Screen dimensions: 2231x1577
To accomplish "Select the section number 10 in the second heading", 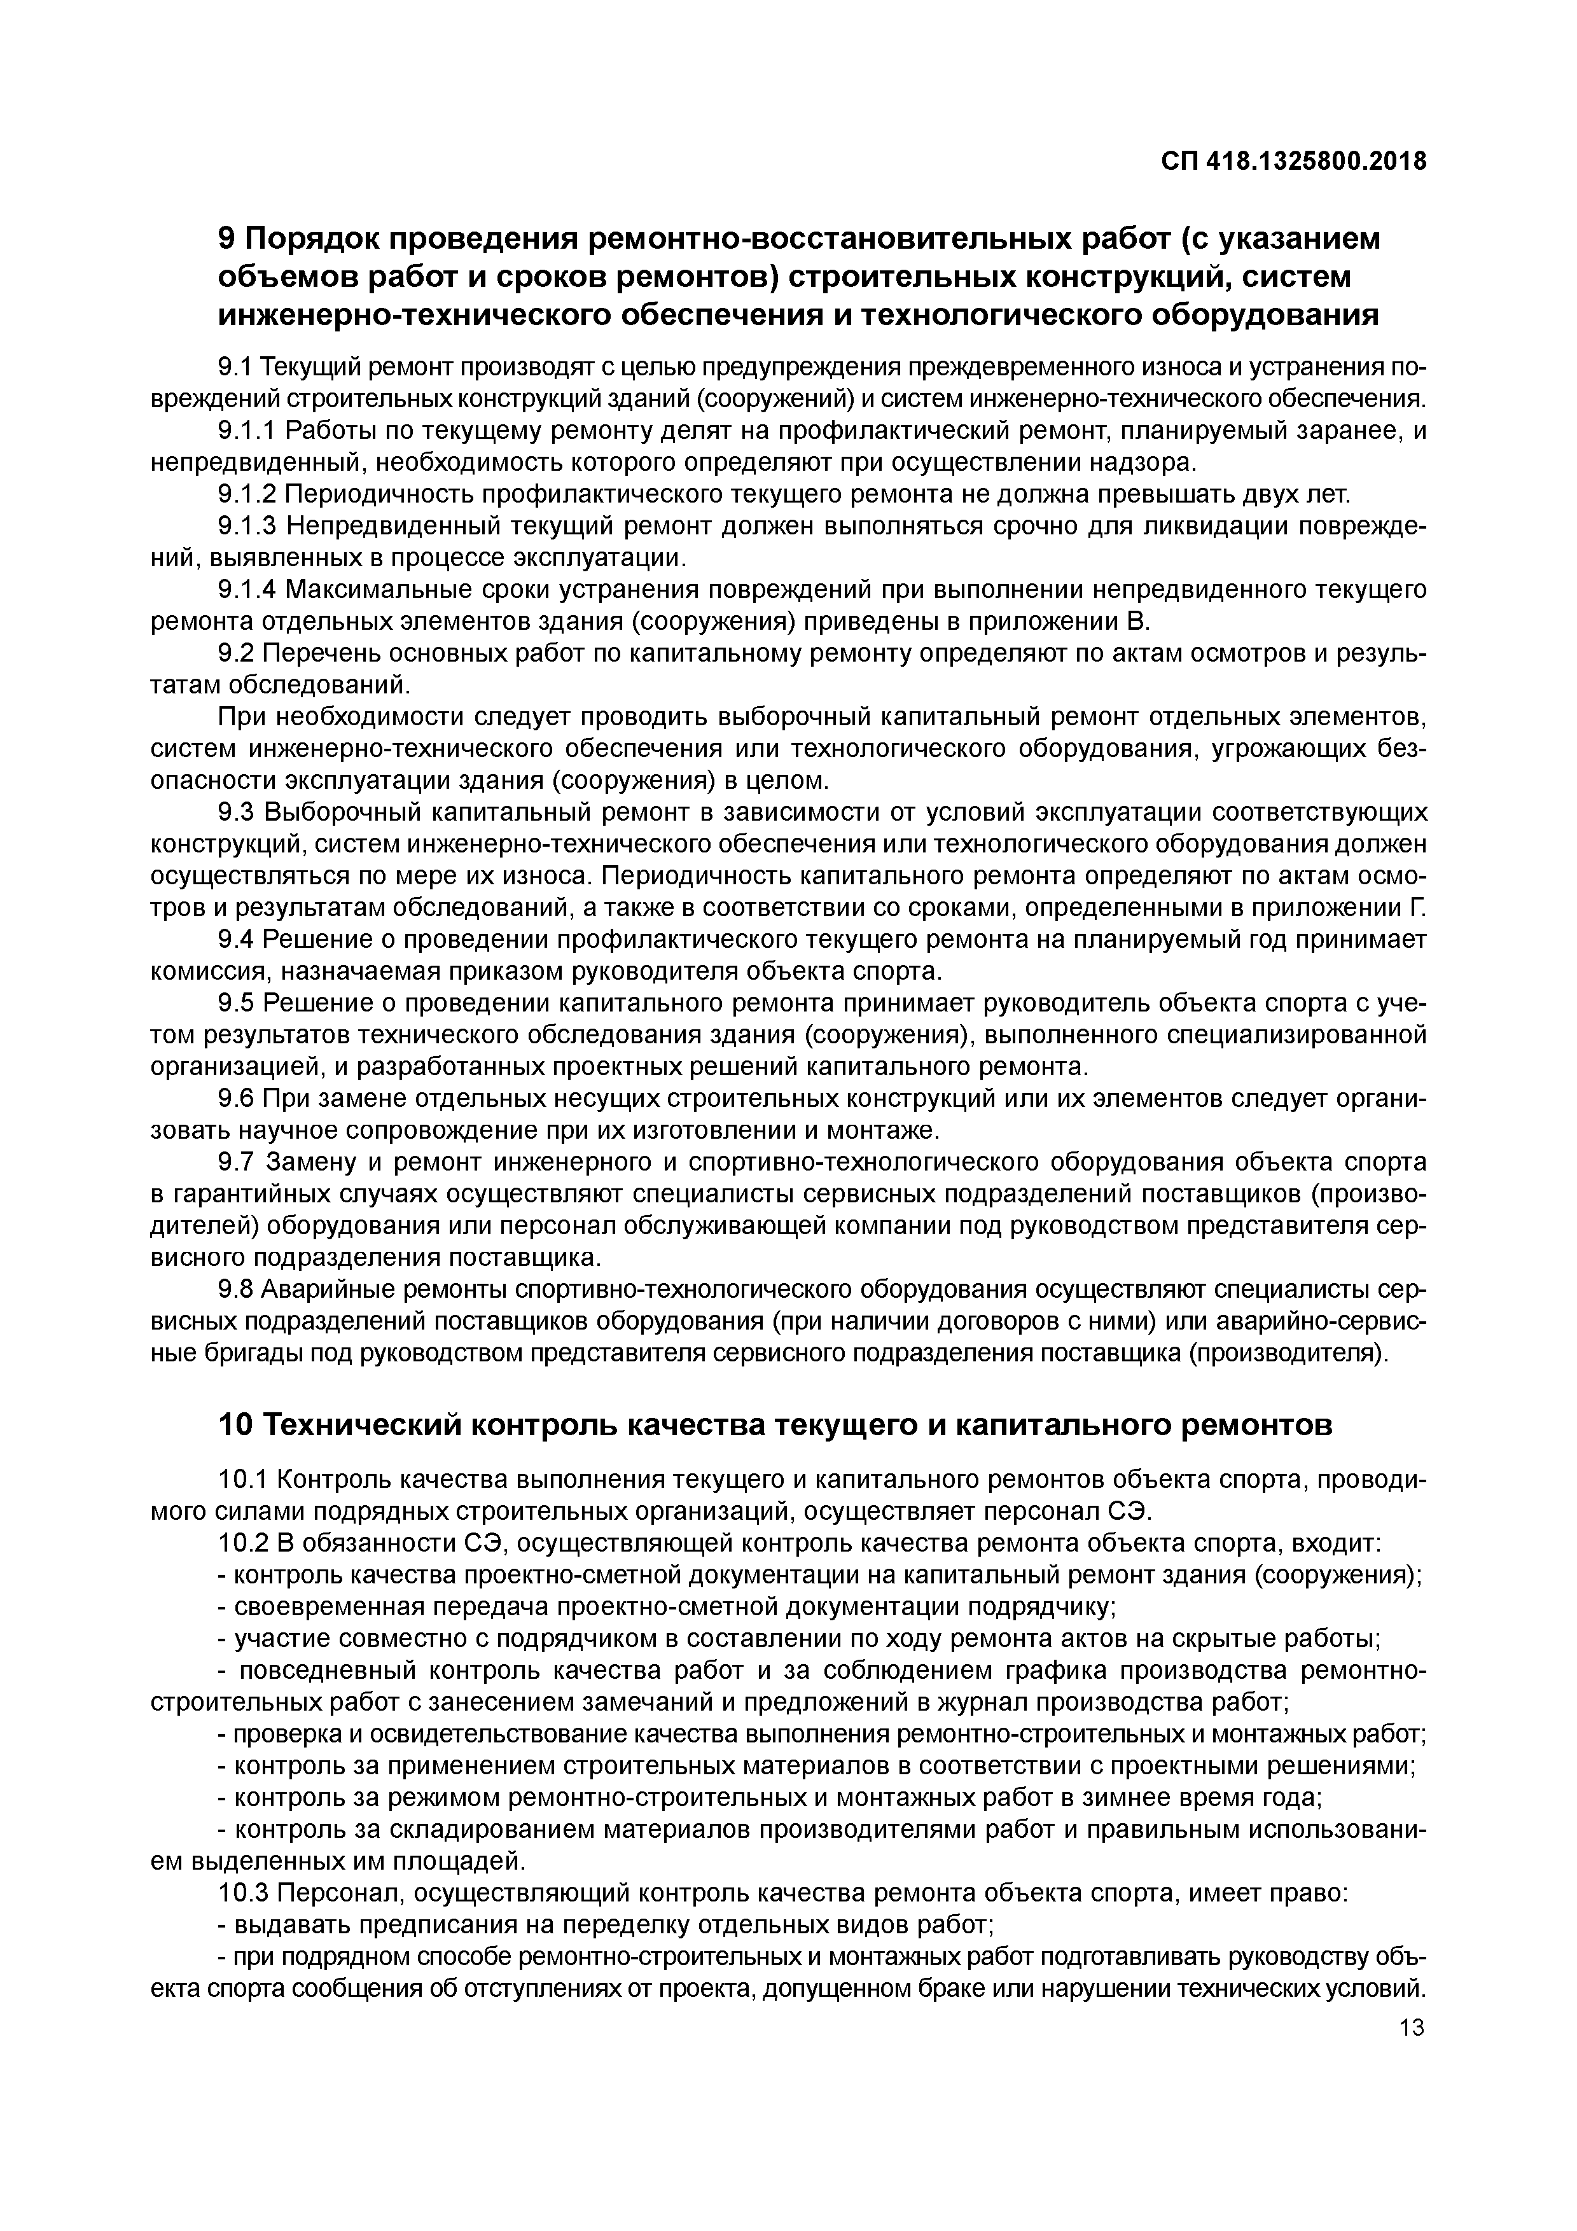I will click(x=234, y=1426).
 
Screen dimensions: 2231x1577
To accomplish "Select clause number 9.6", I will click(x=236, y=1099).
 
